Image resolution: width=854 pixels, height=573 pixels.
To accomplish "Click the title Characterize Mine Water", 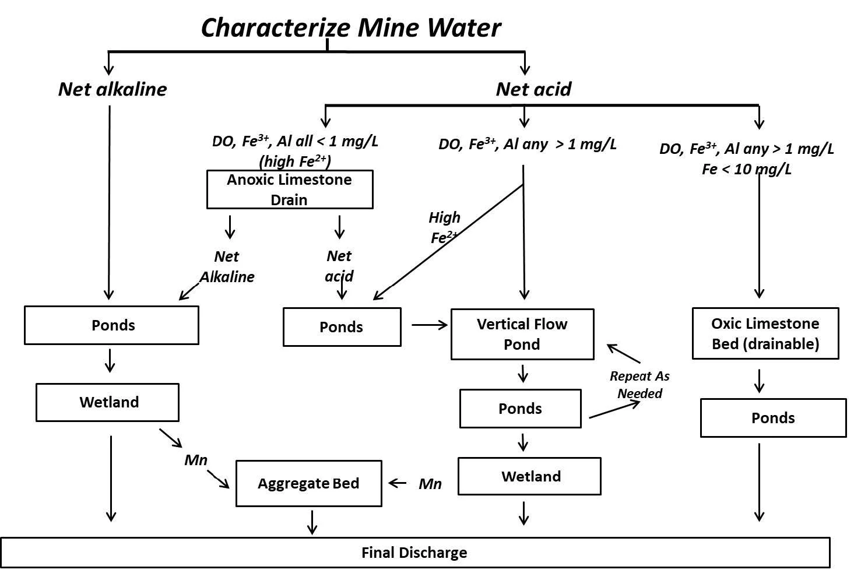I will [x=351, y=27].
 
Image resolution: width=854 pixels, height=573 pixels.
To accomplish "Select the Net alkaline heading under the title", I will [x=113, y=89].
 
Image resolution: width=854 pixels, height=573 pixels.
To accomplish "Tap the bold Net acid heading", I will [x=533, y=89].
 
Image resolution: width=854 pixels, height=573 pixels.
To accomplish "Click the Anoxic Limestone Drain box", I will [x=290, y=189].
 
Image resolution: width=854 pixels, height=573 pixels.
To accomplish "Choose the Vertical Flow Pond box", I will [x=522, y=334].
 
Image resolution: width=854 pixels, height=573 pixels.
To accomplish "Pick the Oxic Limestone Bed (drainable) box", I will [x=765, y=333].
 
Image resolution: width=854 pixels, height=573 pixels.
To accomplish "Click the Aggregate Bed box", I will [x=308, y=483].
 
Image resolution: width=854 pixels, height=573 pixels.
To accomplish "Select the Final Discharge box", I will [x=414, y=553].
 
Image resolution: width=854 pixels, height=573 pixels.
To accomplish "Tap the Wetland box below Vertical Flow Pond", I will [x=529, y=476].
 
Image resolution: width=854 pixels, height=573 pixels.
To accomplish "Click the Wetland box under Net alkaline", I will [x=108, y=402].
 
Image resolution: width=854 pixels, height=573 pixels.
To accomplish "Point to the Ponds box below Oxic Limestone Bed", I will [x=773, y=418].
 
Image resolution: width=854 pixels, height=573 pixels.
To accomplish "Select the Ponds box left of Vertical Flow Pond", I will [x=342, y=327].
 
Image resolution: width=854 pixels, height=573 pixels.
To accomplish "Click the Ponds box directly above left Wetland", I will [x=111, y=325].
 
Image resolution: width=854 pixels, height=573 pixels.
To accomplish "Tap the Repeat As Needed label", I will [x=639, y=385].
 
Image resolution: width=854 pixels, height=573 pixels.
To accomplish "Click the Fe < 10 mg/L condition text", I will [x=747, y=170].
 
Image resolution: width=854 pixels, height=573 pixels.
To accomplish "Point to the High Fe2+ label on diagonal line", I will [x=444, y=227].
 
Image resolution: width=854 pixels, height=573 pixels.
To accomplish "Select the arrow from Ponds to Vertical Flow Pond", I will [x=430, y=325].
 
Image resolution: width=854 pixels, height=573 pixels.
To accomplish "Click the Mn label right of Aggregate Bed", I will [x=430, y=484].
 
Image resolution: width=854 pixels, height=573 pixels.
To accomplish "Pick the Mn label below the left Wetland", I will [x=196, y=460].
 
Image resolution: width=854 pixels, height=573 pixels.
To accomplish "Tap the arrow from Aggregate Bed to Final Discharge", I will [x=312, y=522].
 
